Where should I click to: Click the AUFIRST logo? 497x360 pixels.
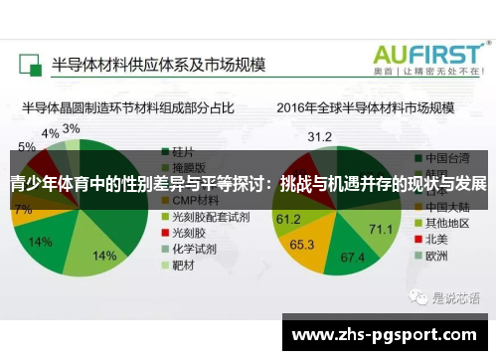(x=428, y=55)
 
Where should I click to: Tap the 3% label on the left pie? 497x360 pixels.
(x=72, y=128)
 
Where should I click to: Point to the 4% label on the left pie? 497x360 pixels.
(x=50, y=133)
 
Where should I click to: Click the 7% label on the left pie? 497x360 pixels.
(x=22, y=210)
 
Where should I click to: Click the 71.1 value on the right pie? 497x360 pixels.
(x=381, y=230)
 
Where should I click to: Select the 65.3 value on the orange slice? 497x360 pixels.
(x=302, y=244)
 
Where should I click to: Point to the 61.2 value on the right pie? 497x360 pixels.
(x=288, y=218)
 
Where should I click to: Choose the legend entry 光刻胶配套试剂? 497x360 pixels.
(x=207, y=216)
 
